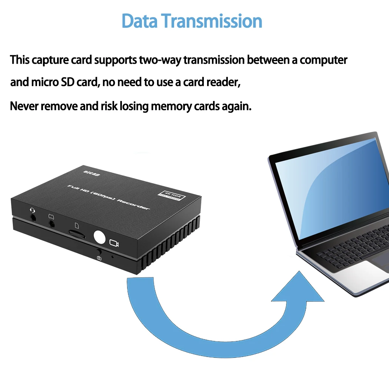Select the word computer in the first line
coord(323,60)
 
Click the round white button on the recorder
coord(100,237)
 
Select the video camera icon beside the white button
coord(114,243)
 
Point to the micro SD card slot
coord(77,234)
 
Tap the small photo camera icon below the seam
coord(99,258)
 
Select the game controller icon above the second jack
coord(51,216)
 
